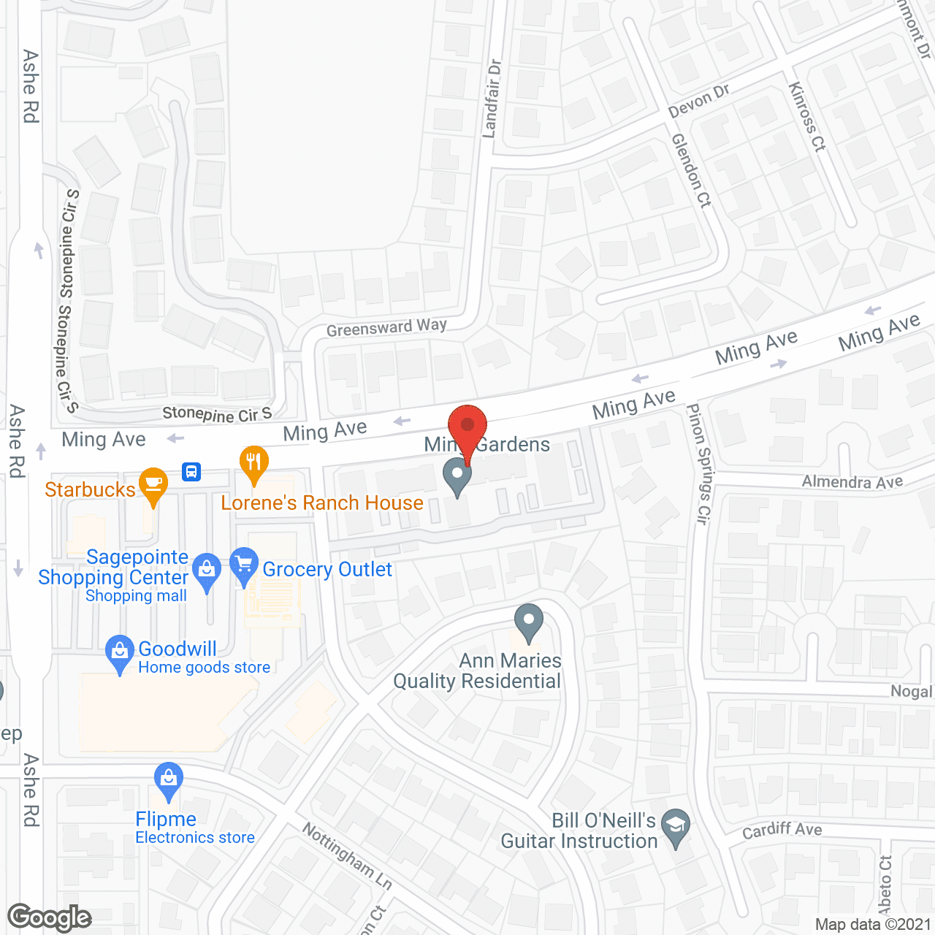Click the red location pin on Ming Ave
coord(467,427)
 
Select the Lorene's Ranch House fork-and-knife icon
coord(254,463)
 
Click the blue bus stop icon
coord(191,471)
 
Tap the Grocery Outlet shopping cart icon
coord(243,565)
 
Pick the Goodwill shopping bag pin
coord(119,652)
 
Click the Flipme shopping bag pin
coord(169,780)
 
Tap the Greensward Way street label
coord(386,328)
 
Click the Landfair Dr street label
coord(492,99)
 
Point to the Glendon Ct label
coord(691,170)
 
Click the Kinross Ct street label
coord(807,117)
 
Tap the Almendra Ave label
coord(852,481)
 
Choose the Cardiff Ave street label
coord(782,830)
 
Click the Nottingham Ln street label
coord(348,856)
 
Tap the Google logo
coord(50,918)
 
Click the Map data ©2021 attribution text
coord(874,925)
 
